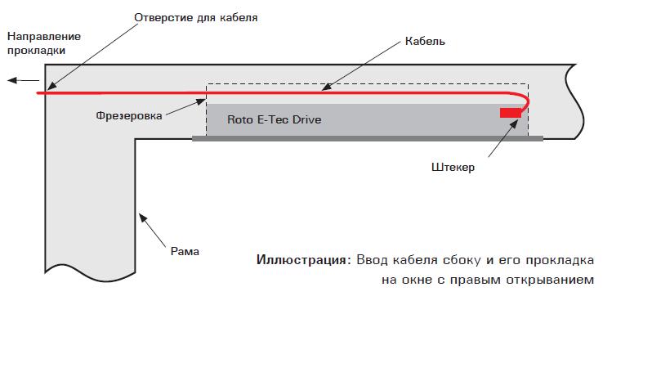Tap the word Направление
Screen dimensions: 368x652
pyautogui.click(x=43, y=37)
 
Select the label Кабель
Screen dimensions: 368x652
pyautogui.click(x=425, y=41)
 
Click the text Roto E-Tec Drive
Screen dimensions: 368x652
pyautogui.click(x=275, y=120)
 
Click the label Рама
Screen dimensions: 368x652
pyautogui.click(x=185, y=251)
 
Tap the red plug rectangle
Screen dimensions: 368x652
pyautogui.click(x=510, y=112)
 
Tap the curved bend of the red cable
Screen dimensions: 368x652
pyautogui.click(x=525, y=102)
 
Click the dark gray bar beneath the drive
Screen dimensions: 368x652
pyautogui.click(x=368, y=138)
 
